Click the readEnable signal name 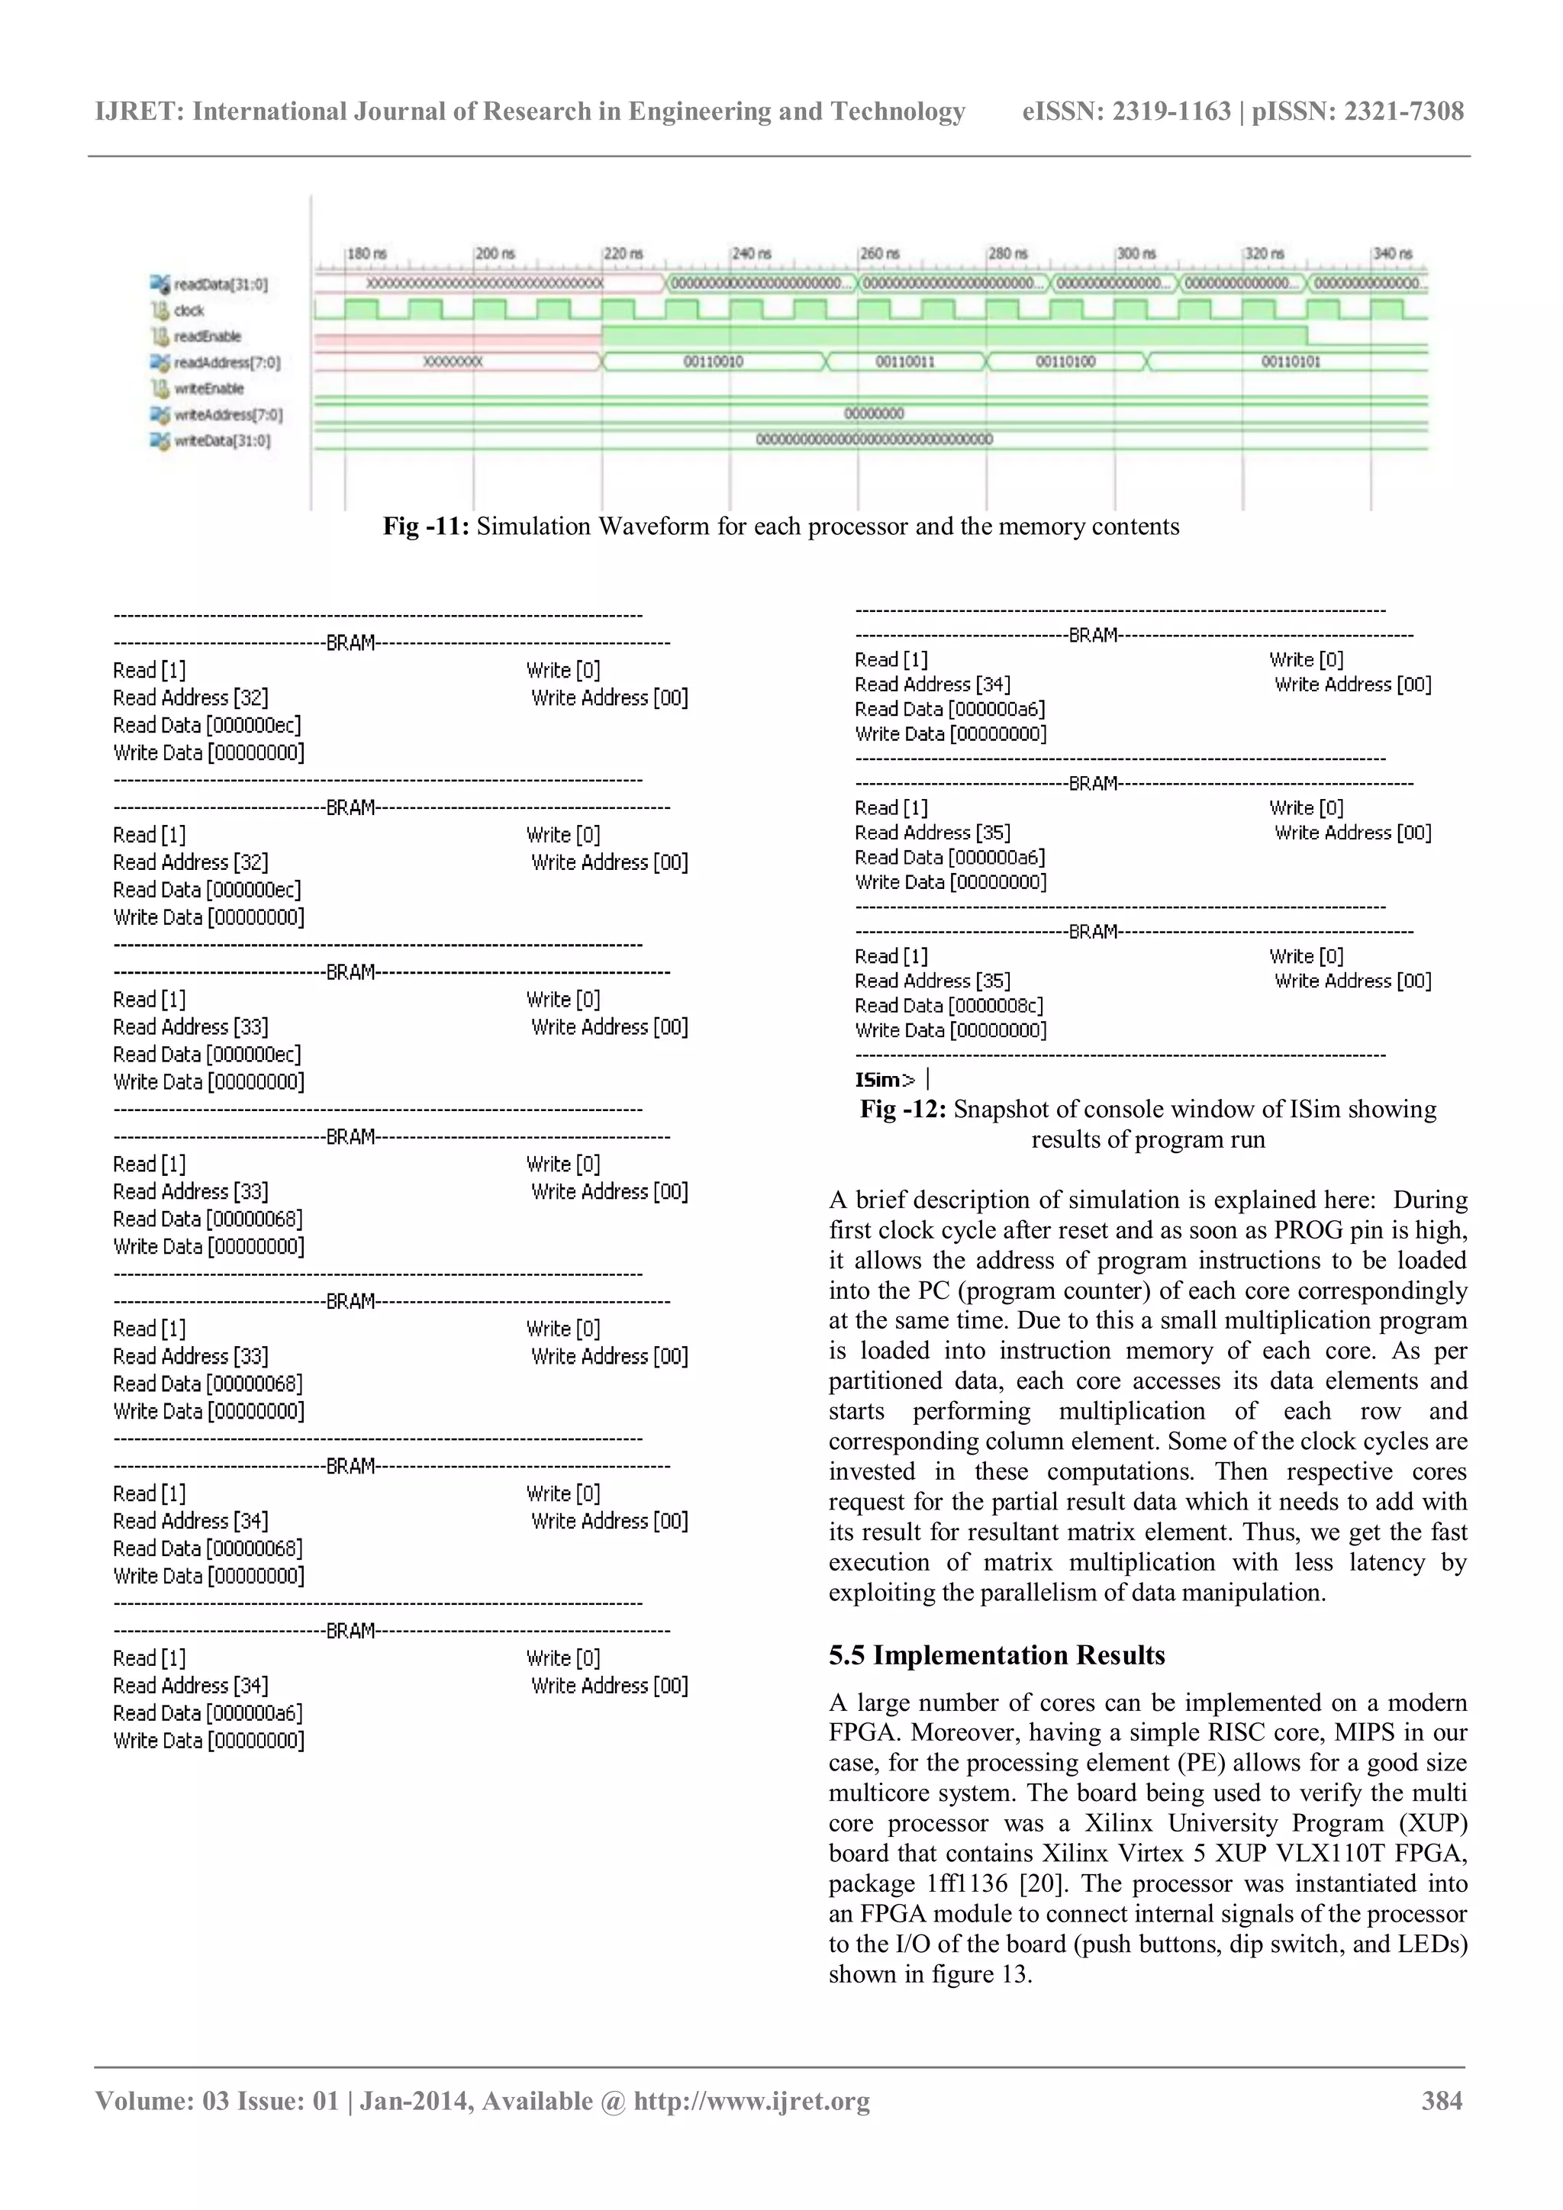pos(207,336)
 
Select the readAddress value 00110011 pos(904,362)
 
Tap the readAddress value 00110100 pos(1065,362)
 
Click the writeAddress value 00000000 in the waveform pos(873,413)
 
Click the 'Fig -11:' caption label pos(425,527)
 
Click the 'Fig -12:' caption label pos(903,1109)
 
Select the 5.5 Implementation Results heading pos(996,1654)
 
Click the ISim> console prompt pos(884,1080)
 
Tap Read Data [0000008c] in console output pos(948,1006)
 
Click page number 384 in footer pos(1442,2100)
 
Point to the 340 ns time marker pos(1392,253)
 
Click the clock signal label pos(189,310)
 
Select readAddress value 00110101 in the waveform pos(1291,362)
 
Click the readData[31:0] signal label pos(221,284)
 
